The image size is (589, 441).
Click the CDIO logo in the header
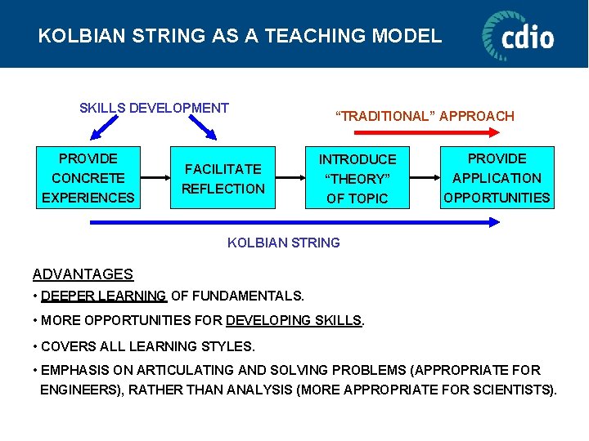click(x=518, y=35)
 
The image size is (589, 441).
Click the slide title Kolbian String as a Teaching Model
click(x=240, y=36)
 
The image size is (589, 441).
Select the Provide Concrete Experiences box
click(x=88, y=178)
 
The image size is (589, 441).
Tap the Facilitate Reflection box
click(x=223, y=179)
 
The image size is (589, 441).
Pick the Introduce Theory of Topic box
click(x=357, y=179)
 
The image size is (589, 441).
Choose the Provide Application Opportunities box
click(x=497, y=178)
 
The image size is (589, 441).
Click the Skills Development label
click(x=154, y=108)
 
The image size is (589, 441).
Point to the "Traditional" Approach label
click(x=425, y=116)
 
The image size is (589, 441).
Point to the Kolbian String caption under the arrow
click(x=283, y=243)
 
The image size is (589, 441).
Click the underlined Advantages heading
click(x=83, y=274)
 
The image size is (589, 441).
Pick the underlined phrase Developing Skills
click(x=293, y=321)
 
